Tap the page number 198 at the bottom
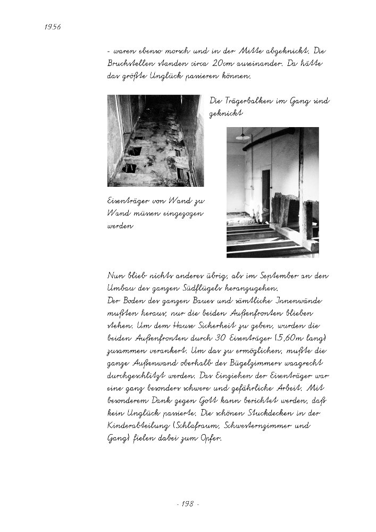coord(187,503)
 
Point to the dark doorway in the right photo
coord(265,189)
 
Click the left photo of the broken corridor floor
coord(155,140)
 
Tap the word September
coord(270,276)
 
